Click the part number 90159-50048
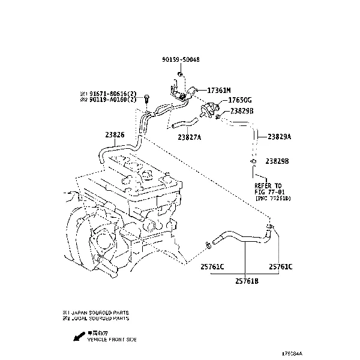coord(181,59)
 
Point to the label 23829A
coord(279,137)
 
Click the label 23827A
coord(190,137)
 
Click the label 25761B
coord(247,280)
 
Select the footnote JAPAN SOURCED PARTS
coord(99,313)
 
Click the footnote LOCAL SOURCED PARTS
coord(99,319)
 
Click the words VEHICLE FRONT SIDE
coord(112,340)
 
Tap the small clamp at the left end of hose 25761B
coord(208,244)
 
